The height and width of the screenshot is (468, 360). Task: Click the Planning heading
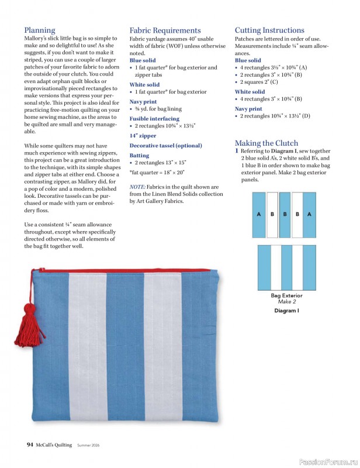point(40,30)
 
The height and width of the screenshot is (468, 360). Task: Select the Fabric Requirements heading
point(165,30)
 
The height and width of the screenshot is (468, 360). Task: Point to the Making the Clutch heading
point(266,143)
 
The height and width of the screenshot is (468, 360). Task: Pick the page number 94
point(30,445)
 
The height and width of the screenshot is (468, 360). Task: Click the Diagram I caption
point(286,311)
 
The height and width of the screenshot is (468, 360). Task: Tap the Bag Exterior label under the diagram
point(286,296)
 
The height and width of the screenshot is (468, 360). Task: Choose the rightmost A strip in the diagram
point(309,214)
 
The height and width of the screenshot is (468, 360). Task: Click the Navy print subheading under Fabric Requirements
point(143,101)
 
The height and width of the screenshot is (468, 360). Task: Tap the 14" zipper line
point(143,135)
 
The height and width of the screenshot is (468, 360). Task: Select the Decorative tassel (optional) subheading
point(165,145)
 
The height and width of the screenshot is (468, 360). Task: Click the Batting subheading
point(139,156)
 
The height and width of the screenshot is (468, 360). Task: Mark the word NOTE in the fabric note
point(139,187)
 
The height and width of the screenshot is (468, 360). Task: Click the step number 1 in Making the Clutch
point(237,151)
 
